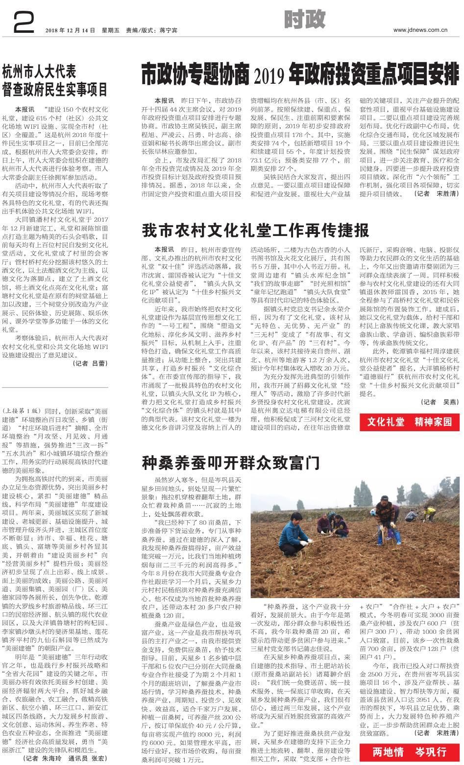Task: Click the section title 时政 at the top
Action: pyautogui.click(x=304, y=20)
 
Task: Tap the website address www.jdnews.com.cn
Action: pyautogui.click(x=420, y=30)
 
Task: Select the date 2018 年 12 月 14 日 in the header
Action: pyautogui.click(x=70, y=30)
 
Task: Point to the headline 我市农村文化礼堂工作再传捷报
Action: pyautogui.click(x=255, y=231)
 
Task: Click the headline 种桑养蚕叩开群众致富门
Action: pyautogui.click(x=231, y=462)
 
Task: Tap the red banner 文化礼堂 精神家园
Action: pyautogui.click(x=410, y=421)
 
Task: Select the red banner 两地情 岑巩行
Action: pyautogui.click(x=410, y=751)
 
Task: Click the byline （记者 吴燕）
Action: pyautogui.click(x=440, y=402)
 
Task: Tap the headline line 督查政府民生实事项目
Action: pyautogui.click(x=55, y=90)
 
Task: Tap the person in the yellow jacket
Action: pyautogui.click(x=430, y=512)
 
